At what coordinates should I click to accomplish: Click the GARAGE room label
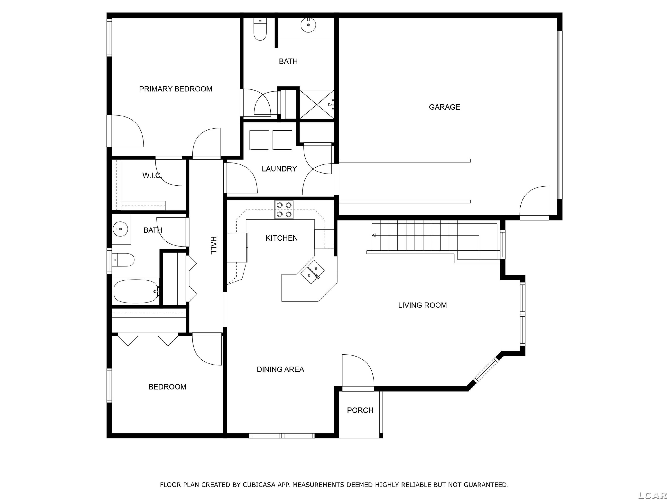point(444,107)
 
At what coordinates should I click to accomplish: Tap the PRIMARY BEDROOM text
point(176,89)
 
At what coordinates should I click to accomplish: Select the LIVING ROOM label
point(422,305)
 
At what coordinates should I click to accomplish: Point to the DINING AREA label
point(280,369)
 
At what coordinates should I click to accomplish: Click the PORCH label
point(360,410)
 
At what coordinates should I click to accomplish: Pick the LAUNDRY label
point(279,168)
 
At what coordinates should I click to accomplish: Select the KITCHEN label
point(282,238)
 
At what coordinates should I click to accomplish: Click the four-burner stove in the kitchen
point(284,210)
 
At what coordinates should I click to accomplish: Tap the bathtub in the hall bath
point(136,291)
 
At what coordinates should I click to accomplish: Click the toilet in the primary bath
point(260,29)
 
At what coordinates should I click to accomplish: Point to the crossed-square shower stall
point(317,104)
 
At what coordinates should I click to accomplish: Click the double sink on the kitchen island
point(313,272)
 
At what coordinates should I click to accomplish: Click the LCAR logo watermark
point(652,495)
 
